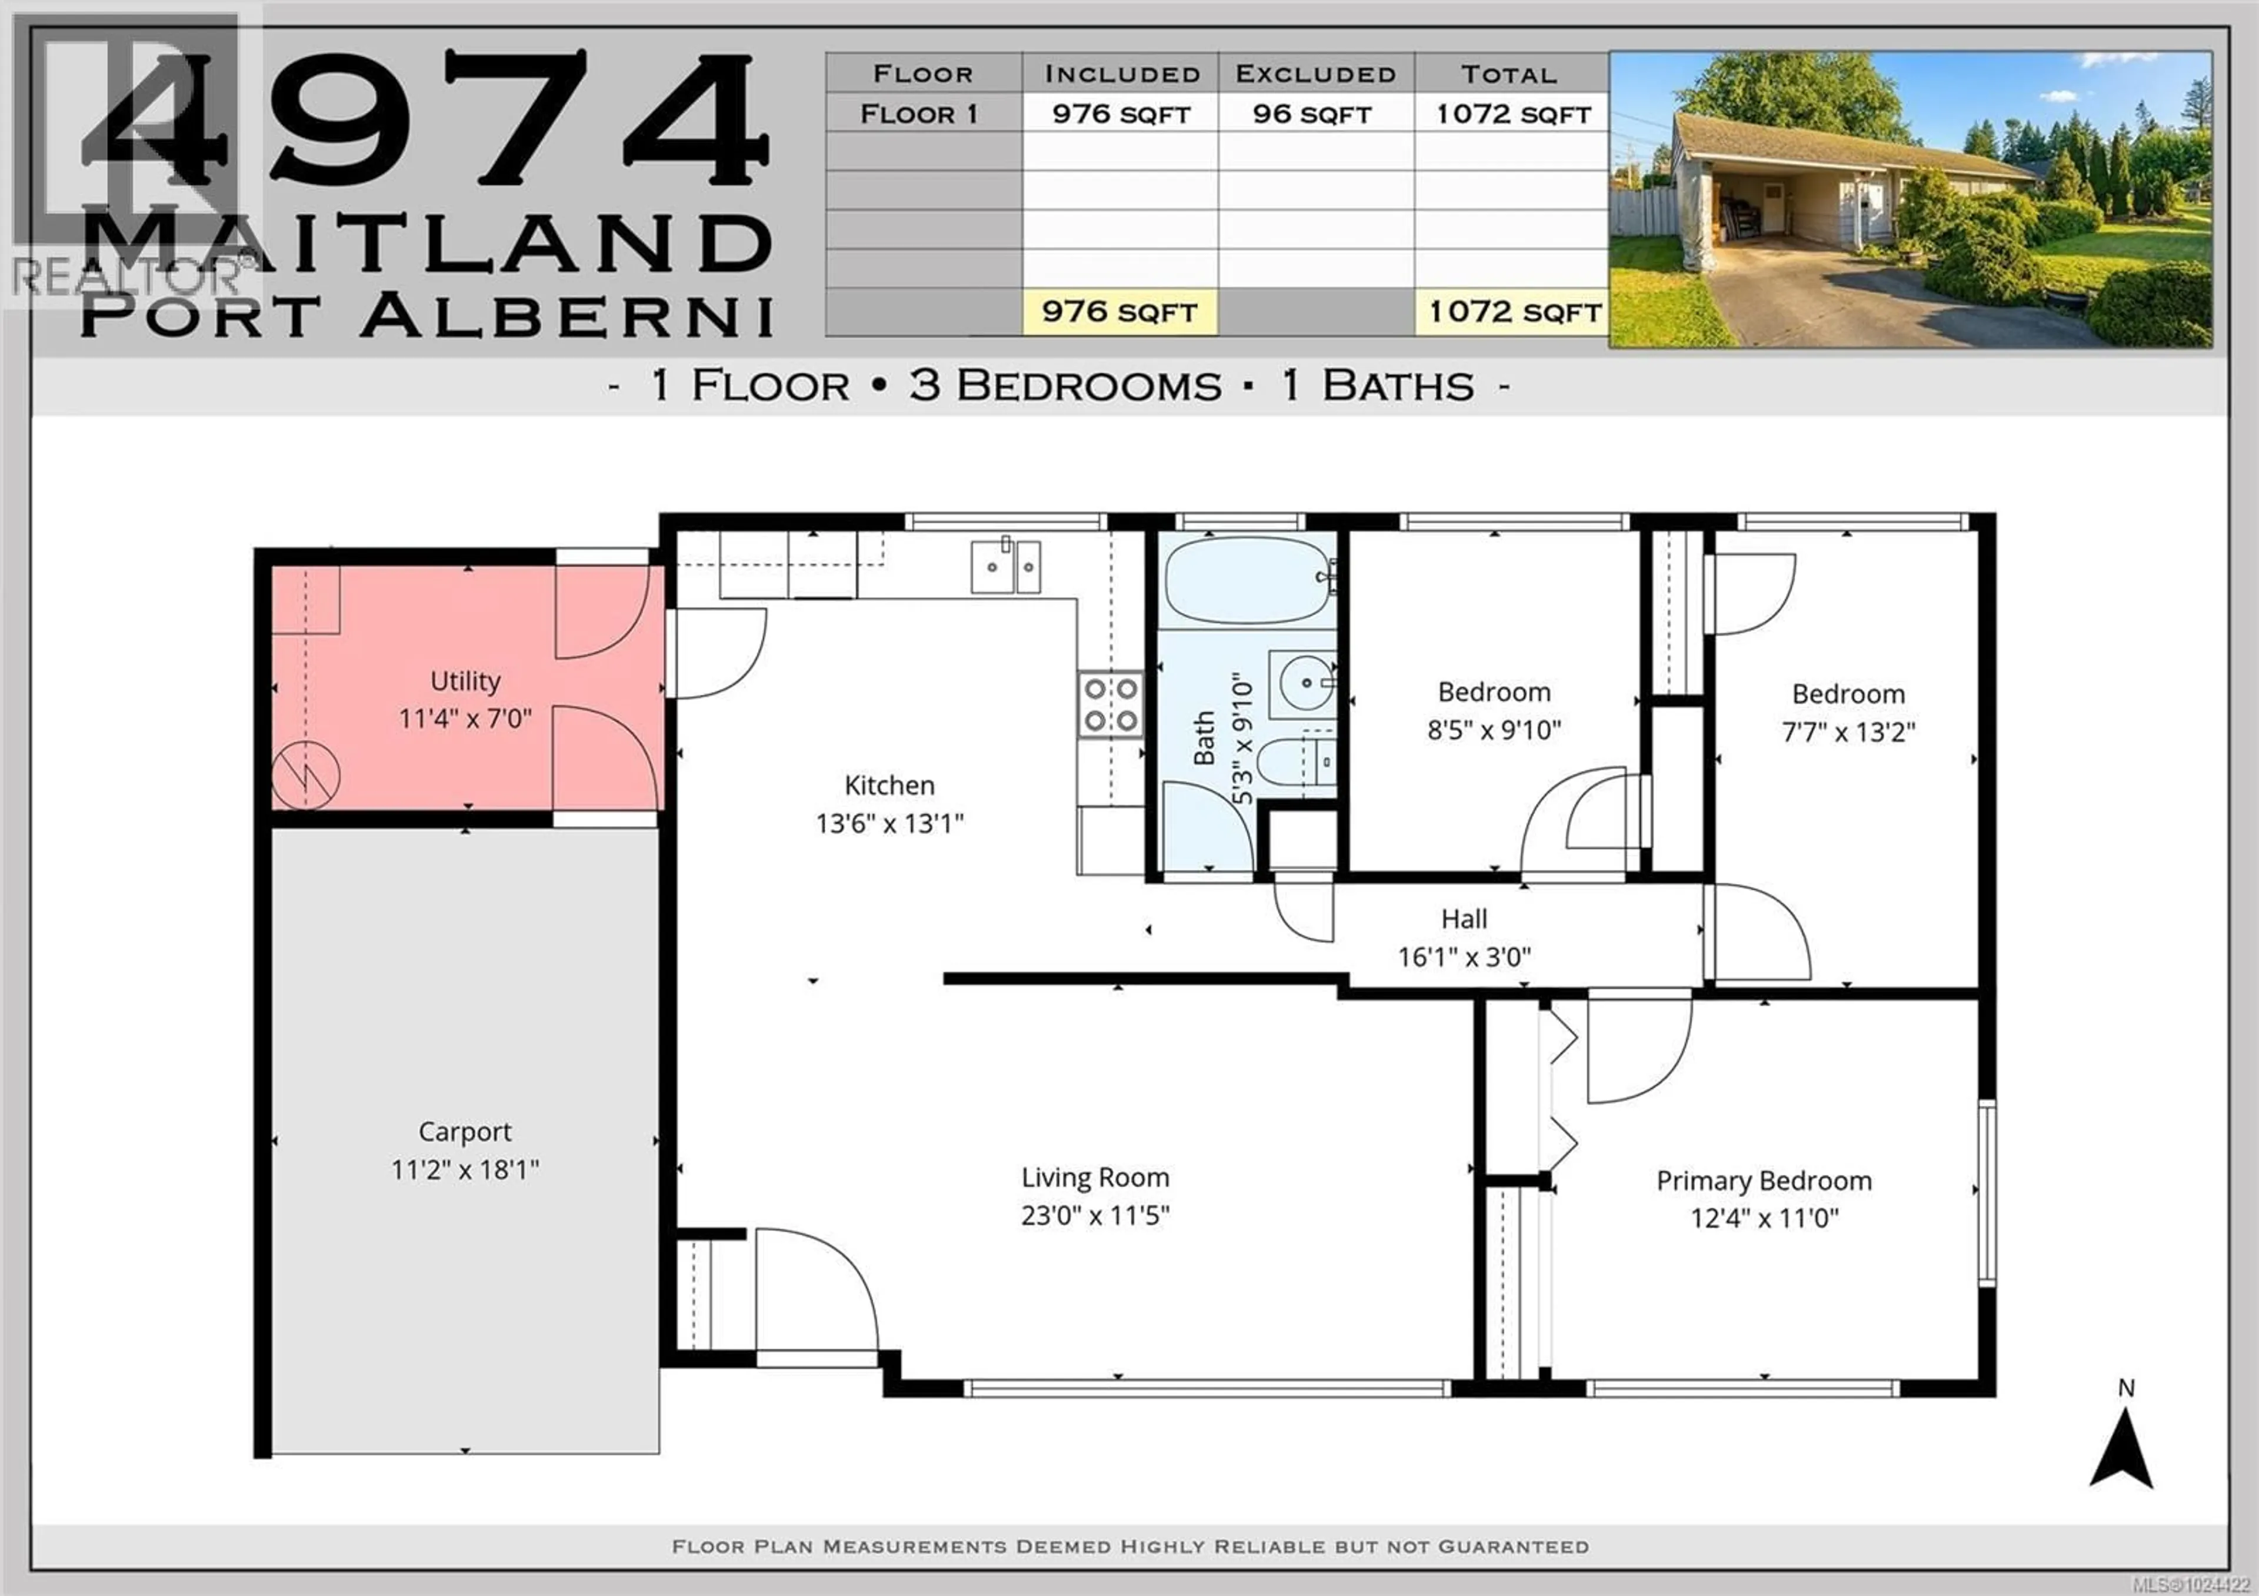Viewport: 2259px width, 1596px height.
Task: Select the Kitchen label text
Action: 889,785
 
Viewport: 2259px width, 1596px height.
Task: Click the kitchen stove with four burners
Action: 1111,704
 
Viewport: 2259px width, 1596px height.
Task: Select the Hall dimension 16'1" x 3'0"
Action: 1464,956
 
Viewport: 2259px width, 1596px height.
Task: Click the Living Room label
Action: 1095,1178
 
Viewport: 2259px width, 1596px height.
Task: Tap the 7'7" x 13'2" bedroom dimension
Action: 1848,732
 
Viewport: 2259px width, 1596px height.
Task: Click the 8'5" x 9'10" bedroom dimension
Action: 1494,730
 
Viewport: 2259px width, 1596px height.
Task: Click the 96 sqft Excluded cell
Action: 1312,114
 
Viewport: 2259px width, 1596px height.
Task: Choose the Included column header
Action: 1122,74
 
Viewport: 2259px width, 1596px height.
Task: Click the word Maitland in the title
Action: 428,241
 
